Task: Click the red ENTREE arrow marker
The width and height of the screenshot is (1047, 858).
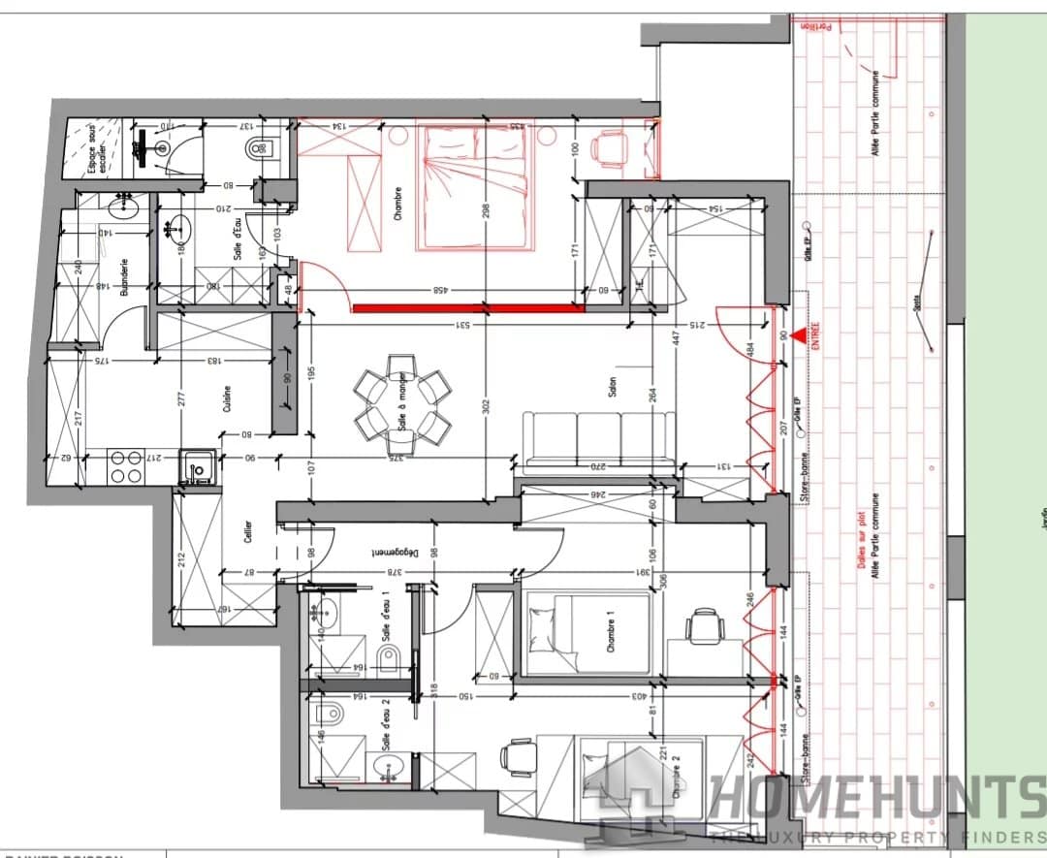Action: click(798, 336)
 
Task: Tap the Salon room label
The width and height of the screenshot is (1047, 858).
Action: click(612, 387)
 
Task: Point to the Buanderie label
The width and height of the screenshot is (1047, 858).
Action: click(124, 275)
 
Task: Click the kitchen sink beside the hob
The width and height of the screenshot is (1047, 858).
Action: click(198, 469)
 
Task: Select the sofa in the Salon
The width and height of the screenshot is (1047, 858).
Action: click(599, 442)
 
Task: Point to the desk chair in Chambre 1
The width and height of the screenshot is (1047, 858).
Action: click(704, 626)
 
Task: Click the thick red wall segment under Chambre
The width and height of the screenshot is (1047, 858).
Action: click(469, 309)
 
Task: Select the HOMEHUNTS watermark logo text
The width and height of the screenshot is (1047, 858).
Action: click(872, 799)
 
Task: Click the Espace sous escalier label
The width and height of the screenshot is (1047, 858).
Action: click(90, 149)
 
